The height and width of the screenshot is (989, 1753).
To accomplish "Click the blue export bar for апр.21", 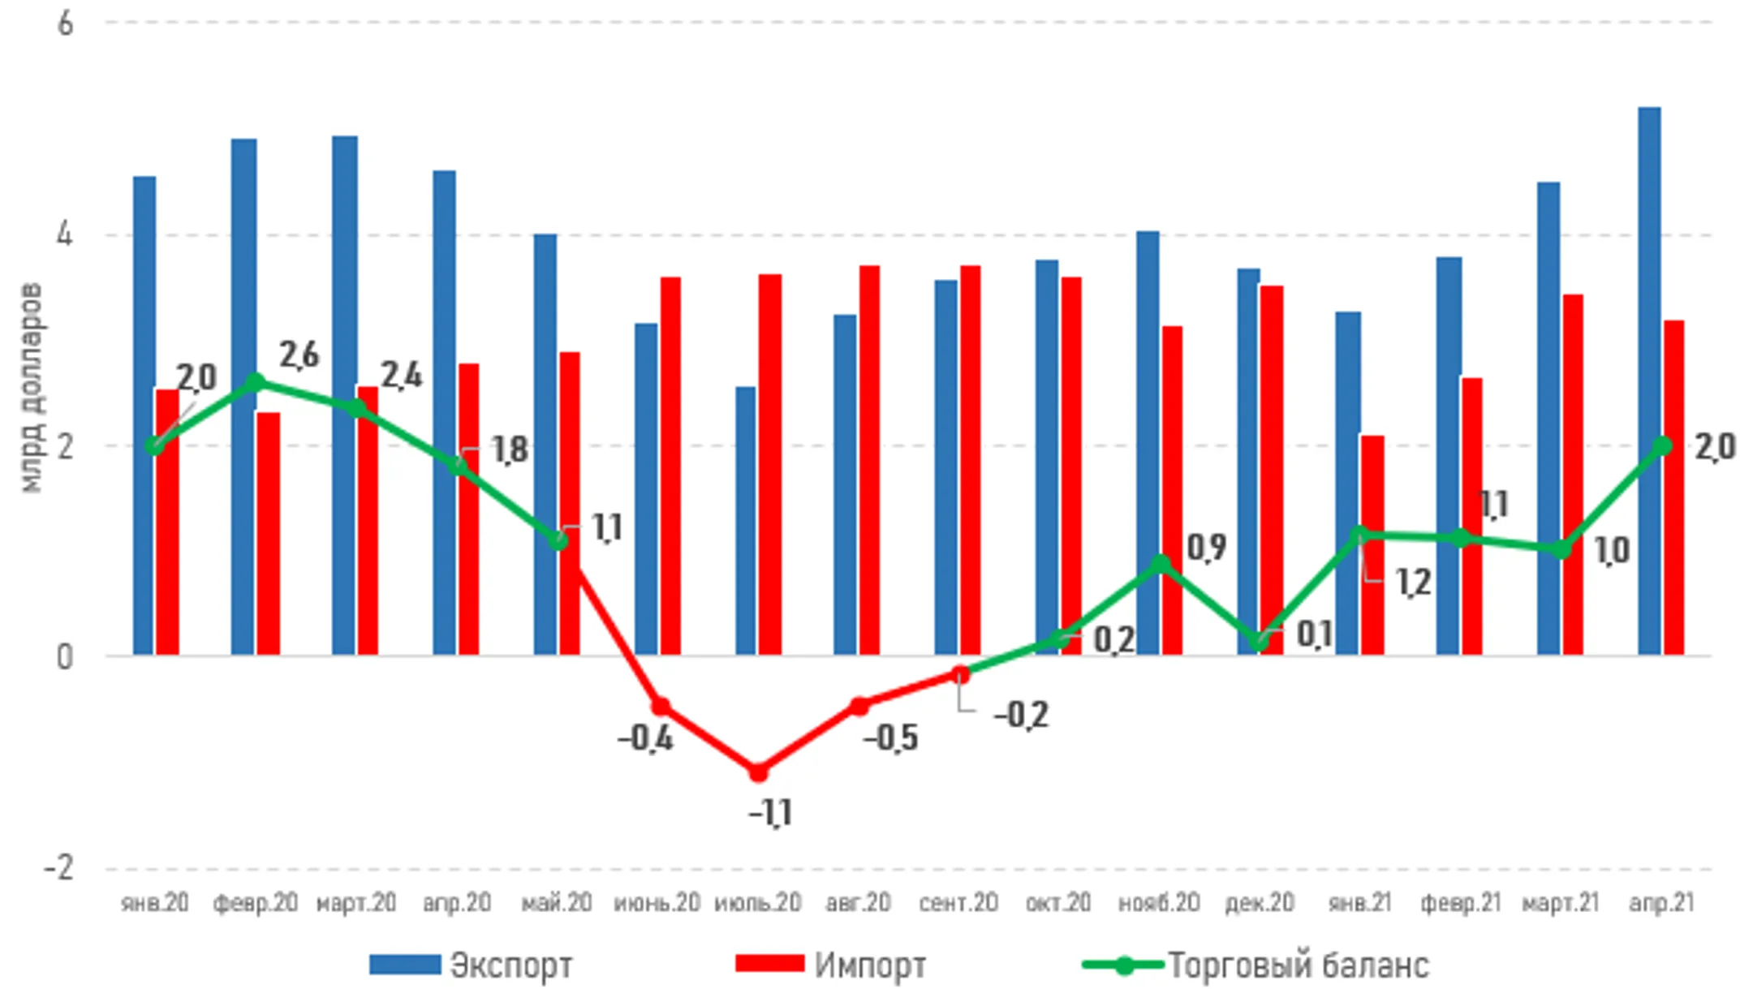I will [1649, 381].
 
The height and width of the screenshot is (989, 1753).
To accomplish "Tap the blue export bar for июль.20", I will [746, 520].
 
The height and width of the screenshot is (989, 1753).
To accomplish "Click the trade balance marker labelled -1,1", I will [758, 772].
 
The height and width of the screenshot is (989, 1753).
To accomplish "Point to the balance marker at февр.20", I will [256, 382].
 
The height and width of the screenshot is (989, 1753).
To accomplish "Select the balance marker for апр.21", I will [1663, 445].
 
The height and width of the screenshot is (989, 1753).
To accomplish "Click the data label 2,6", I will [299, 355].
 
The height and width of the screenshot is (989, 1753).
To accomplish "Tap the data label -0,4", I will [645, 738].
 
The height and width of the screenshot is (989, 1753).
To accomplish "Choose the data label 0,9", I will [1206, 548].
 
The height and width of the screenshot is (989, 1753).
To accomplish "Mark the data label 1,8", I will [510, 450].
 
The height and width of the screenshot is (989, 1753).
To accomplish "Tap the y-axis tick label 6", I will [65, 24].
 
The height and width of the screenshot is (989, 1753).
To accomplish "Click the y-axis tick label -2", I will [58, 868].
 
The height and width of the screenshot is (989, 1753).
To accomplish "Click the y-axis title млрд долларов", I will [30, 388].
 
